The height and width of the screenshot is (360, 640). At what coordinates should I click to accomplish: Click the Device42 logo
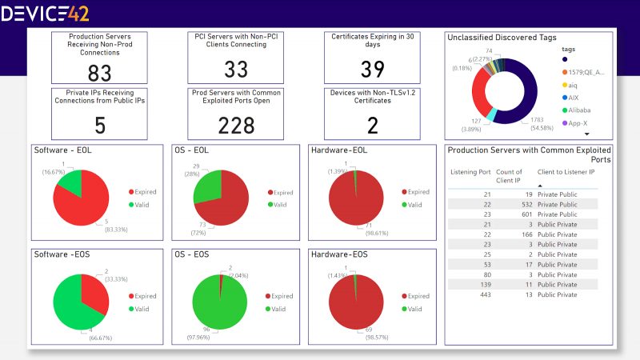pyautogui.click(x=46, y=13)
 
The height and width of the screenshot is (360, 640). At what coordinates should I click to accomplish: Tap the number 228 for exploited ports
pyautogui.click(x=236, y=126)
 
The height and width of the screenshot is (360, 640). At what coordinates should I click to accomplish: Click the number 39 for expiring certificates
pyautogui.click(x=373, y=70)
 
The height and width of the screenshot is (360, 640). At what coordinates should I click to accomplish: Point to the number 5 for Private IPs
pyautogui.click(x=100, y=126)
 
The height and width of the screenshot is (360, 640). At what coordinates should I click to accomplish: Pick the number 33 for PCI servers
pyautogui.click(x=236, y=70)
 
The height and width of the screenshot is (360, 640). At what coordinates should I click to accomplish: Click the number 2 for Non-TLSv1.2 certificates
pyautogui.click(x=373, y=125)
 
